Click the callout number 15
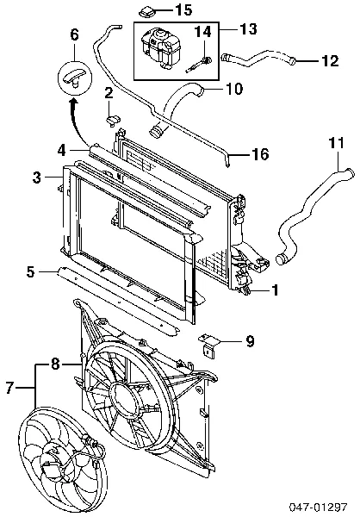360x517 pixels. (x=183, y=9)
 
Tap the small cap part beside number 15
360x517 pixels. (x=146, y=13)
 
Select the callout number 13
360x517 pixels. (x=248, y=28)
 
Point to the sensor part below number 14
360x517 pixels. (x=199, y=65)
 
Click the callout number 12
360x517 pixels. (x=329, y=60)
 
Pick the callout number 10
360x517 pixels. (x=233, y=89)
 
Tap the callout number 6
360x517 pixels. (x=75, y=34)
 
